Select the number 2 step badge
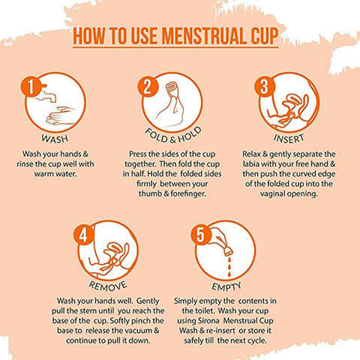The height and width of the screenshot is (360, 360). coord(147,87)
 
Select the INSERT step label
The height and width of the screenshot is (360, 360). coord(290,139)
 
